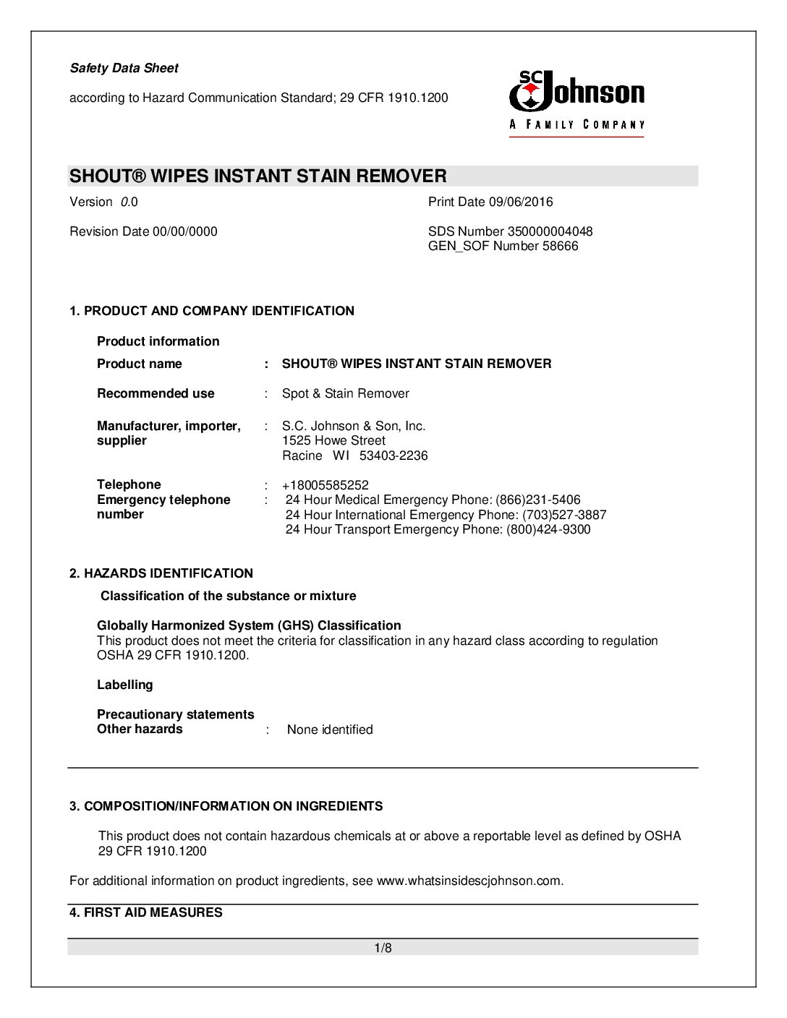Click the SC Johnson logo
pyautogui.click(x=577, y=101)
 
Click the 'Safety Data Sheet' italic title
pyautogui.click(x=124, y=68)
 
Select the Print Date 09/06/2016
pyautogui.click(x=490, y=202)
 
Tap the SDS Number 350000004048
pyautogui.click(x=510, y=231)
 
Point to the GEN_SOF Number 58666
pyautogui.click(x=503, y=246)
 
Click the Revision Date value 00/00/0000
pyautogui.click(x=184, y=231)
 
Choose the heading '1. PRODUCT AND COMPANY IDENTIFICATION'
pyautogui.click(x=212, y=311)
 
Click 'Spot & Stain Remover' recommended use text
pyautogui.click(x=345, y=393)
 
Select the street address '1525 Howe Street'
pyautogui.click(x=333, y=440)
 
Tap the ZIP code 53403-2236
pyautogui.click(x=393, y=455)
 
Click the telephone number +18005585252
pyautogui.click(x=325, y=485)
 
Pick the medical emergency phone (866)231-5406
pyautogui.click(x=537, y=500)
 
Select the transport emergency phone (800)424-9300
pyautogui.click(x=548, y=529)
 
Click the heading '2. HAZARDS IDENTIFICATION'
pyautogui.click(x=161, y=573)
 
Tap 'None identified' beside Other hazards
pyautogui.click(x=330, y=730)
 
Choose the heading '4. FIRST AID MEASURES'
pyautogui.click(x=146, y=912)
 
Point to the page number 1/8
pyautogui.click(x=383, y=948)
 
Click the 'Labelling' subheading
pyautogui.click(x=125, y=685)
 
